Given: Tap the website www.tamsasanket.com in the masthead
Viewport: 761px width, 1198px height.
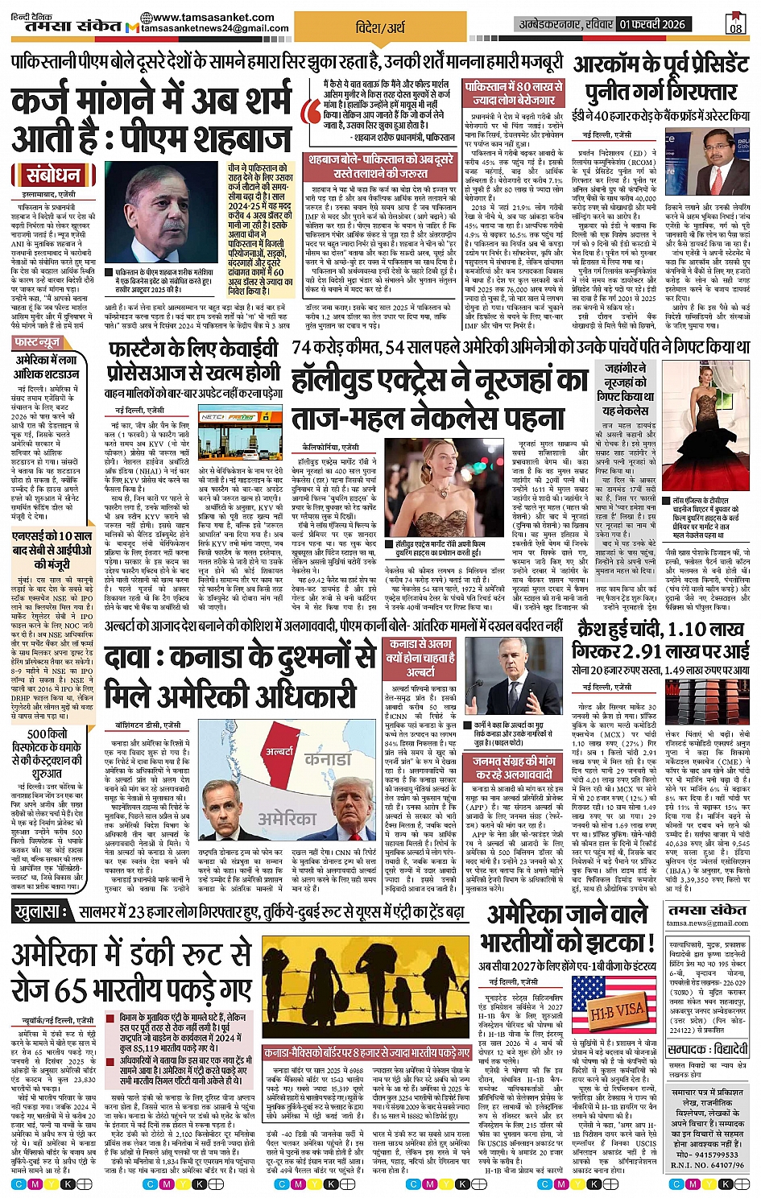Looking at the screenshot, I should click(212, 17).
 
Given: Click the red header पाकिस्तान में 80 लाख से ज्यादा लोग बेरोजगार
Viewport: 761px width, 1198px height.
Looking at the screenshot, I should click(513, 93).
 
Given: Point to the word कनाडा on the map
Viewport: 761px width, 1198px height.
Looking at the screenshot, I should click(328, 758).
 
